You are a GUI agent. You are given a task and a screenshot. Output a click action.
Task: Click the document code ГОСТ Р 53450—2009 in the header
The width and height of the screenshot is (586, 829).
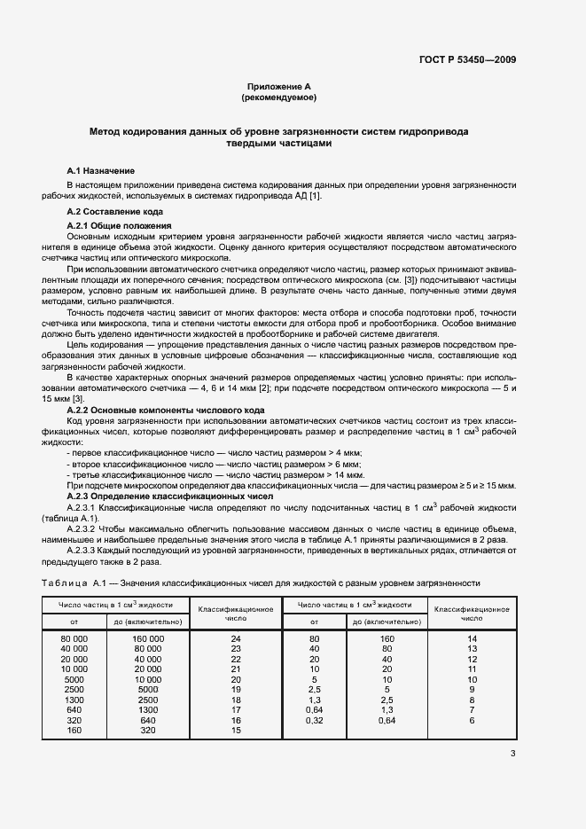tap(467, 60)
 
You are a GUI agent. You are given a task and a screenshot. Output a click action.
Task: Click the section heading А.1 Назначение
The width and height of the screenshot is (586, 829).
tap(101, 169)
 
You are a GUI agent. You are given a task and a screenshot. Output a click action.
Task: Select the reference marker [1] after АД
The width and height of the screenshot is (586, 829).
tap(316, 195)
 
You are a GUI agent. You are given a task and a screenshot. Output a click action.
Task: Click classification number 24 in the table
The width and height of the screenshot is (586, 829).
tap(235, 638)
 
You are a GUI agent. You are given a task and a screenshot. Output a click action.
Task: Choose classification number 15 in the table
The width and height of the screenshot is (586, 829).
tap(235, 731)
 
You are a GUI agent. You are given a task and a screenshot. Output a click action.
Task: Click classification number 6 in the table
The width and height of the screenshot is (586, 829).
tap(472, 719)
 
